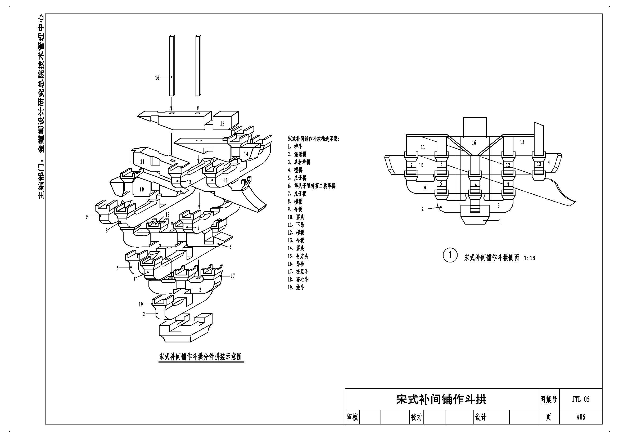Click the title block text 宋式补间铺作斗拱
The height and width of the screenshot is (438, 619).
[441, 399]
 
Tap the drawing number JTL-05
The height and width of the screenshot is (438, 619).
[581, 399]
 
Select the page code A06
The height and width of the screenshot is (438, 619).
[581, 417]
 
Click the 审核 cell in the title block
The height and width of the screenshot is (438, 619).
[352, 417]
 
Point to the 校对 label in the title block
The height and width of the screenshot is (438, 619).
[416, 417]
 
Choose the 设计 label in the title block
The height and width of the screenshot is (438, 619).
[481, 417]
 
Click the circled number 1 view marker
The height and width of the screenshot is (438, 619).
[450, 255]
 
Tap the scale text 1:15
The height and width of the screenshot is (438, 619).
[530, 258]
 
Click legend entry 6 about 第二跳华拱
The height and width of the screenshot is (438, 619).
[311, 186]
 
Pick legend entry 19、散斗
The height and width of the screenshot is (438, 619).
[296, 287]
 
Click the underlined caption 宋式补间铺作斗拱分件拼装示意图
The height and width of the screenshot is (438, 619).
[200, 357]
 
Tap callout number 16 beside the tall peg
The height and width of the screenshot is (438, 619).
[157, 78]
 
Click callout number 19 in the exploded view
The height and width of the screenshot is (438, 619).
[141, 304]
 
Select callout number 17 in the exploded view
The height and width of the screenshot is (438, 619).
[233, 276]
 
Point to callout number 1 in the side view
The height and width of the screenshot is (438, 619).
[500, 221]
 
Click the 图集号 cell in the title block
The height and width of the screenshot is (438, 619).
[549, 399]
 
